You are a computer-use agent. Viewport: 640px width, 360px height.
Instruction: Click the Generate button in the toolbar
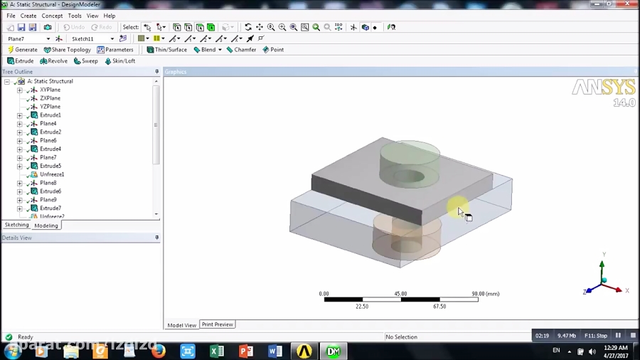coord(22,50)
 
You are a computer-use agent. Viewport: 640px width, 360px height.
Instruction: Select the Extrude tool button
coord(21,61)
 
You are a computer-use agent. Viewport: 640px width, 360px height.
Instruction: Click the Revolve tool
coord(54,61)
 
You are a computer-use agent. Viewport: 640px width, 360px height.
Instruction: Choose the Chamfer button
coord(241,50)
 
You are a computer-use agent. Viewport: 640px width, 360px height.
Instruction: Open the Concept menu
coord(52,16)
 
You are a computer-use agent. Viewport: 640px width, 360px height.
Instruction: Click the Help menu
coord(109,16)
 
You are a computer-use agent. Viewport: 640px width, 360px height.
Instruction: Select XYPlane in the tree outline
coord(50,90)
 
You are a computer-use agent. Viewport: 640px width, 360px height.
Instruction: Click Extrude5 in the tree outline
coord(50,166)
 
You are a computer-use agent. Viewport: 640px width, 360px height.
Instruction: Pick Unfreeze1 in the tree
coord(52,174)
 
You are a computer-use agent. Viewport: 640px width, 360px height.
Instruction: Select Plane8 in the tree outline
coord(48,183)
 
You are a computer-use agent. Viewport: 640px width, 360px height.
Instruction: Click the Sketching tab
coord(17,225)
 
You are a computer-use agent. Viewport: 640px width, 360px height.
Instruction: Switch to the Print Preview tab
coord(217,324)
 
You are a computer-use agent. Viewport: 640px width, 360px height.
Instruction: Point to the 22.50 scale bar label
coord(362,307)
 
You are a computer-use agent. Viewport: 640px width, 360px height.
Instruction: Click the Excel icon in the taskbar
coord(217,351)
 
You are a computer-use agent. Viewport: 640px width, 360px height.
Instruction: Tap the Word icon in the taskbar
coord(275,351)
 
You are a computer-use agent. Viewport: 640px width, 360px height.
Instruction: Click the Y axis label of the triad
coord(604,255)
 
